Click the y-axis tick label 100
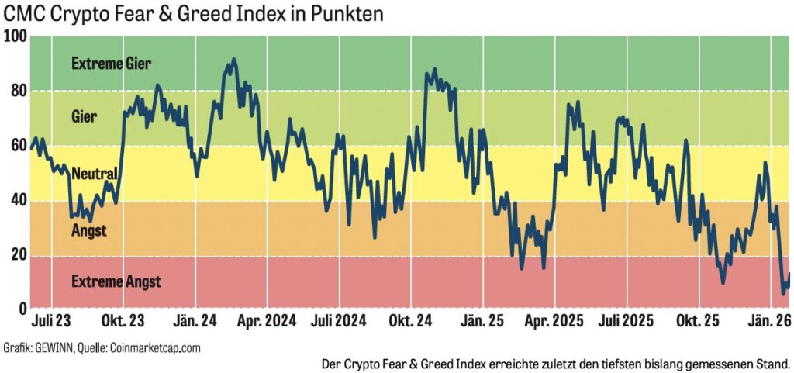pyautogui.click(x=15, y=36)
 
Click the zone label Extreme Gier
pyautogui.click(x=111, y=64)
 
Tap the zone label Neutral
pyautogui.click(x=94, y=174)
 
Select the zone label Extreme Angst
pyautogui.click(x=116, y=281)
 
